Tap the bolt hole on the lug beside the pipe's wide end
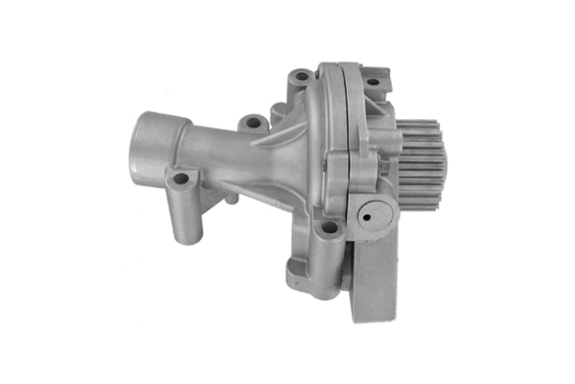tap(179, 179)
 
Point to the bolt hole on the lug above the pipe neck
tap(253, 123)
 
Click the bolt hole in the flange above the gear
tap(371, 83)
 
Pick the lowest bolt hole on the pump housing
tap(329, 228)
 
